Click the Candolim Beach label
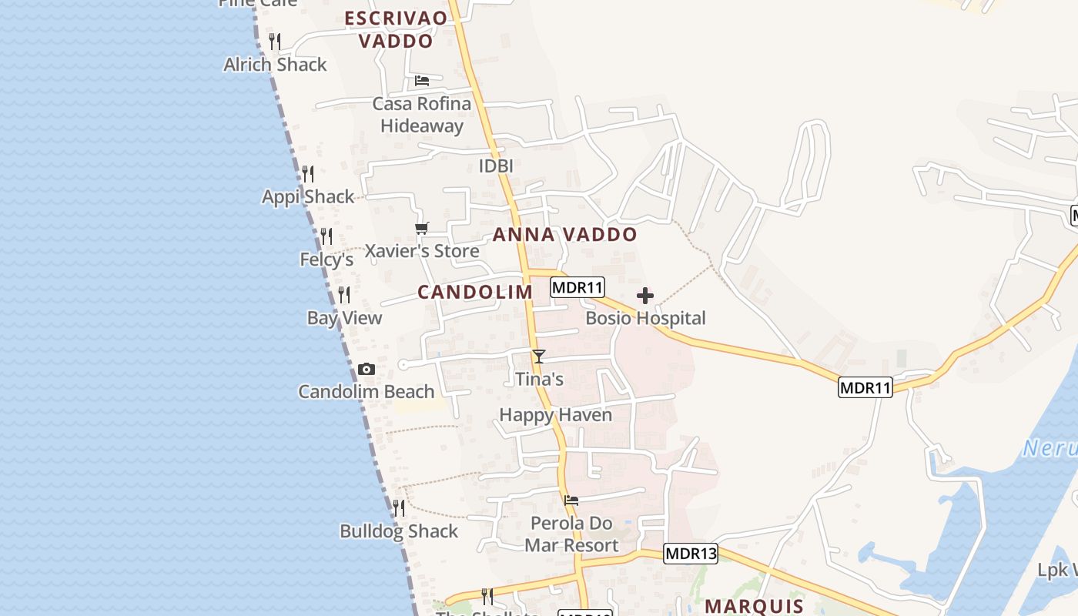367,392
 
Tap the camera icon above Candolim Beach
367,370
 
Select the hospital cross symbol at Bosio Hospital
645,296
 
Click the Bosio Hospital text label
645,318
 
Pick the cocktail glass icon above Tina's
539,357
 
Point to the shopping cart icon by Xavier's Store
421,229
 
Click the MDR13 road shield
690,554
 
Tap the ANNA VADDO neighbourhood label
565,235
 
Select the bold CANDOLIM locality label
475,292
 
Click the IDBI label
496,166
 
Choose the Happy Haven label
556,415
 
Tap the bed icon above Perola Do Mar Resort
571,500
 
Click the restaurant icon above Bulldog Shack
399,508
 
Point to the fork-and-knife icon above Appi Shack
308,174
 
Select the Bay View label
344,318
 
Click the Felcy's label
326,259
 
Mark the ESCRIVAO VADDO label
396,29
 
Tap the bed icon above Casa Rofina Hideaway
422,81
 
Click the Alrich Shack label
275,65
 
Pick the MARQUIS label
754,606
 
